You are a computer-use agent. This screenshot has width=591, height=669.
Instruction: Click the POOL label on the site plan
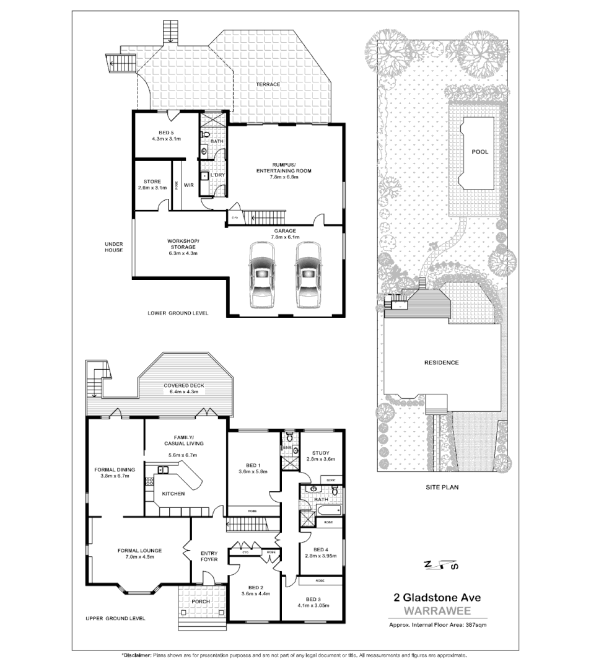coord(479,152)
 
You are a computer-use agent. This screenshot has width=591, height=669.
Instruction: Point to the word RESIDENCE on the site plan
coord(441,362)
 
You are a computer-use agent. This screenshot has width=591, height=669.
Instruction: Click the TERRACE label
coord(268,84)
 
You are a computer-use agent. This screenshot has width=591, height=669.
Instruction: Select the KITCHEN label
coord(172,494)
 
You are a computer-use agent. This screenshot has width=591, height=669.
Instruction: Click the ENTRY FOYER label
coord(209,556)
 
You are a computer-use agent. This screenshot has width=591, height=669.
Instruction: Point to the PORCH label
coord(201,601)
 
